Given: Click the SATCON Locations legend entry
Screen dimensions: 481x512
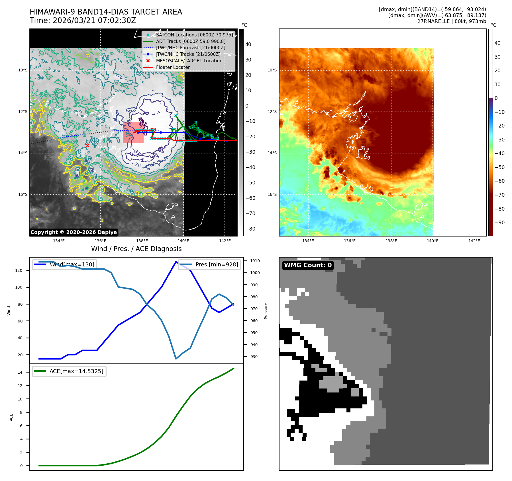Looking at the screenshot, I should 194,35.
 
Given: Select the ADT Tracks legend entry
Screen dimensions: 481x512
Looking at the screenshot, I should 190,41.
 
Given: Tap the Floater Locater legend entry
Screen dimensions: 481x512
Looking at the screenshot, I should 173,67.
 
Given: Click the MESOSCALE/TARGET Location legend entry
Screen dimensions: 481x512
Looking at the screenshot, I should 189,61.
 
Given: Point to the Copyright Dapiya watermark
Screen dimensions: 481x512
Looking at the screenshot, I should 74,232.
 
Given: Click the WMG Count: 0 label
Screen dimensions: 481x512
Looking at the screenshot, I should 308,265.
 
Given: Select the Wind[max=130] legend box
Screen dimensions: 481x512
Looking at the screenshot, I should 64,264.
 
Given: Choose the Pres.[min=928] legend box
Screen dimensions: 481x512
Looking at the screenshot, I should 209,264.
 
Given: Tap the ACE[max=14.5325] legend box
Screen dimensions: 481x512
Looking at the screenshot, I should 69,371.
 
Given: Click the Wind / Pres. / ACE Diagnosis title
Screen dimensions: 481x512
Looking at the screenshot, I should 136,249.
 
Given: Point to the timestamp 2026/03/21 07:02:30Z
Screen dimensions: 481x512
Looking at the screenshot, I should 94,20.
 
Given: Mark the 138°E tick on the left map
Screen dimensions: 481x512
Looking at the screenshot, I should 142,241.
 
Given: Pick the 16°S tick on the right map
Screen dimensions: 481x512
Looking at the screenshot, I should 272,194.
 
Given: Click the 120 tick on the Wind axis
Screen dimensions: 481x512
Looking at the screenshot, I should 19,270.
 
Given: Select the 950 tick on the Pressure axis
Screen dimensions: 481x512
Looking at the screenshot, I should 254,333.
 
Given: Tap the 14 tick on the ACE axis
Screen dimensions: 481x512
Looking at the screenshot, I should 20,372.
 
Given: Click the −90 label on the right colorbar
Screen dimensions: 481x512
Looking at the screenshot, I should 499,223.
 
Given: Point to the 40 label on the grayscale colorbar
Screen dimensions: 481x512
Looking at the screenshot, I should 248,44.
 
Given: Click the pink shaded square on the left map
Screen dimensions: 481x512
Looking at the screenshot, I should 133,132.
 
